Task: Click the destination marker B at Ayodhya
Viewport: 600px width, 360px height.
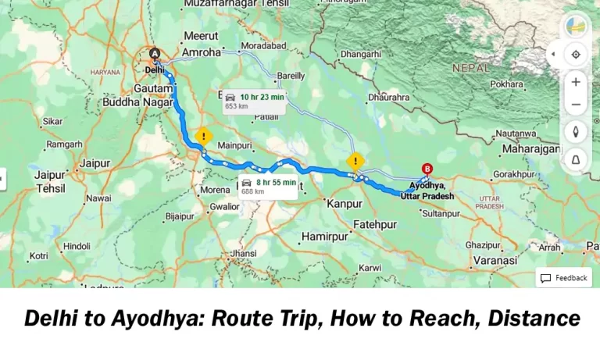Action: pyautogui.click(x=427, y=169)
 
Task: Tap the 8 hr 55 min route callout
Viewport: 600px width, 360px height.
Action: pyautogui.click(x=268, y=186)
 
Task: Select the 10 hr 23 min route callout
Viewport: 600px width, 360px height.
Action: pyautogui.click(x=254, y=101)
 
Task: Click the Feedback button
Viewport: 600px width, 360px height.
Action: pyautogui.click(x=563, y=278)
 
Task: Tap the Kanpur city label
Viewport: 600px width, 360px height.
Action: pyautogui.click(x=345, y=203)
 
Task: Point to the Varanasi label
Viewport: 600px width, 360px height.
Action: pyautogui.click(x=495, y=259)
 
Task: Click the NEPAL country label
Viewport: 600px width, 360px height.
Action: pyautogui.click(x=470, y=68)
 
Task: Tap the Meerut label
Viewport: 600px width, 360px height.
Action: pyautogui.click(x=201, y=36)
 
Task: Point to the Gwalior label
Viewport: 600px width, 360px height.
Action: pyautogui.click(x=223, y=207)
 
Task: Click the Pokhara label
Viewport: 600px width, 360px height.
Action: pyautogui.click(x=507, y=84)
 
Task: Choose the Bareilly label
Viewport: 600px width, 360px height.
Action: pyautogui.click(x=291, y=77)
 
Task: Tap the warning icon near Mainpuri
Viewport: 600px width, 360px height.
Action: pyautogui.click(x=203, y=136)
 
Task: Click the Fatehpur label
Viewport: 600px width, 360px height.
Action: pyautogui.click(x=375, y=224)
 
